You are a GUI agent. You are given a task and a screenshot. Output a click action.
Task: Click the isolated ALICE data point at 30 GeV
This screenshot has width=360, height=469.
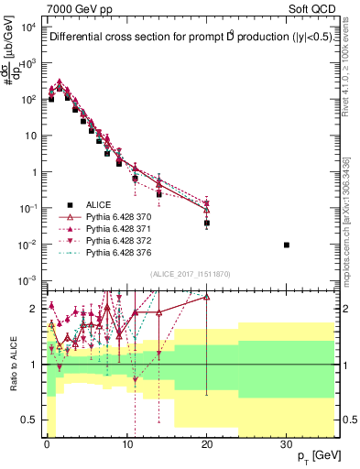coord(287,245)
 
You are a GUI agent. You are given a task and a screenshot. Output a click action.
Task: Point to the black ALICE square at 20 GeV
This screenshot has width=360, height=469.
coord(207,223)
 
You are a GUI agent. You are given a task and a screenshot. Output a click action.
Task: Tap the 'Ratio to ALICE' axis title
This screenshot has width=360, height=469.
coord(14,364)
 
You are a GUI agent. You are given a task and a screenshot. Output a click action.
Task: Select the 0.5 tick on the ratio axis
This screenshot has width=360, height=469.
coord(32,420)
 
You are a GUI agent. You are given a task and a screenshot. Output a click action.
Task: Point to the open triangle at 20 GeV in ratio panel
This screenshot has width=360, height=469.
coord(207,297)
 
